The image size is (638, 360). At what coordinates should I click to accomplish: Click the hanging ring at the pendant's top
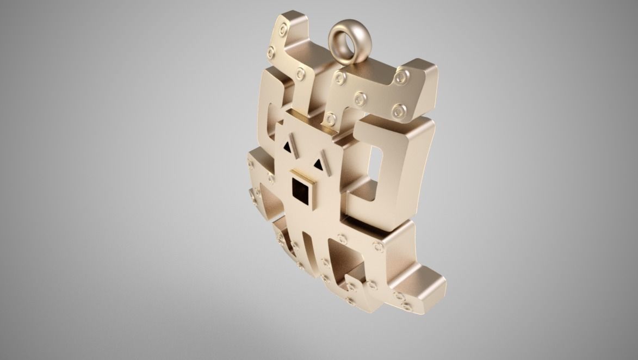(345, 39)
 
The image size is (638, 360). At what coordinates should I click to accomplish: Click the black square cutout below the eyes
(300, 190)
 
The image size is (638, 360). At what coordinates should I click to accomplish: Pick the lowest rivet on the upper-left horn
(300, 72)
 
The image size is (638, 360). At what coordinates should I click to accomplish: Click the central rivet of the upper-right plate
(360, 98)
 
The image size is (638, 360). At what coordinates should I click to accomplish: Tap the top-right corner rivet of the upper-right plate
(401, 76)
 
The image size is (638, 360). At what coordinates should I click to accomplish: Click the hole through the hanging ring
(345, 40)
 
